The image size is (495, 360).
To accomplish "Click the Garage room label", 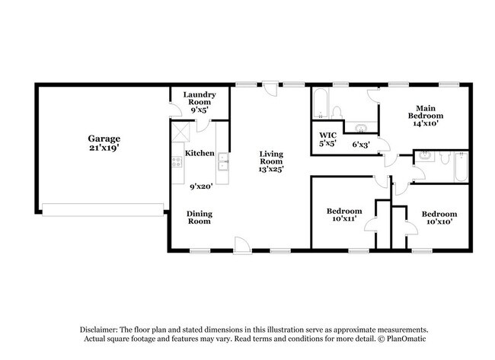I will (104, 143).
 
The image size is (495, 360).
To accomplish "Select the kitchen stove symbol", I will (177, 161).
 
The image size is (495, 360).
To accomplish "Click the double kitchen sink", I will (222, 161).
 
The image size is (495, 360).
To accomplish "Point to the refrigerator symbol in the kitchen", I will (179, 131).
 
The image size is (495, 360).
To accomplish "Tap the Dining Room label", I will (200, 218).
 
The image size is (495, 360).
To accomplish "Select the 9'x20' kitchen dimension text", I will (200, 186).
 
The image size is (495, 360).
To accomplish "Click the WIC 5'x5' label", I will (327, 139).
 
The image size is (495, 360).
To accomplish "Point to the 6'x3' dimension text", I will (361, 144).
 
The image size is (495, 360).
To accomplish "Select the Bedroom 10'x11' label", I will (344, 215).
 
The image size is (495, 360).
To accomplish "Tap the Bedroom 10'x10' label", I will (440, 218).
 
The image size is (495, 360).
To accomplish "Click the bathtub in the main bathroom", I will (321, 104).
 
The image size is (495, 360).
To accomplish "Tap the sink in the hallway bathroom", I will (426, 157).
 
